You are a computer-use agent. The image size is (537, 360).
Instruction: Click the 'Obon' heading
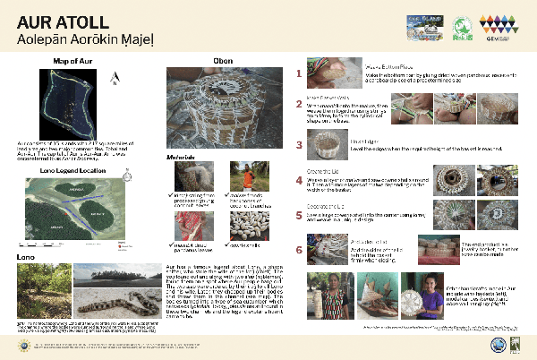[223, 61]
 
